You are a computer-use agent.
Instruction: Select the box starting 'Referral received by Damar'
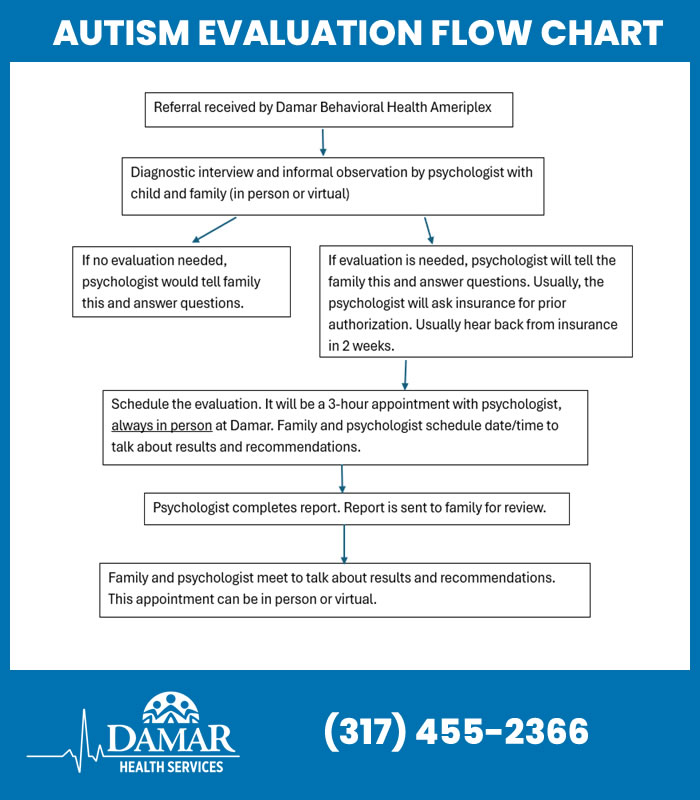(329, 108)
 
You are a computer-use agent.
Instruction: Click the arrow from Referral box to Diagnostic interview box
(324, 141)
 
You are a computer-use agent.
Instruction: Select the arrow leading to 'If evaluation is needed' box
(428, 230)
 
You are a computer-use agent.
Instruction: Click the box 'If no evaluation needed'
(181, 281)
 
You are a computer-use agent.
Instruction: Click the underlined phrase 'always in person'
(161, 425)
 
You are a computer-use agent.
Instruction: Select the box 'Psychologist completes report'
(356, 508)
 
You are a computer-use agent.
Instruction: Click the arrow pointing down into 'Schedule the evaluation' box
(405, 374)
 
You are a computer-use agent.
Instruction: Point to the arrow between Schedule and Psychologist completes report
(343, 478)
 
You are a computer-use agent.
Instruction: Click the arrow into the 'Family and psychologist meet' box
(344, 543)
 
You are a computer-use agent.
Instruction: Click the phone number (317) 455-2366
(456, 732)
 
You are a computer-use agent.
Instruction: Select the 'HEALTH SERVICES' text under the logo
(171, 766)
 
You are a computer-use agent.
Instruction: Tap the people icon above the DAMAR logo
(171, 708)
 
